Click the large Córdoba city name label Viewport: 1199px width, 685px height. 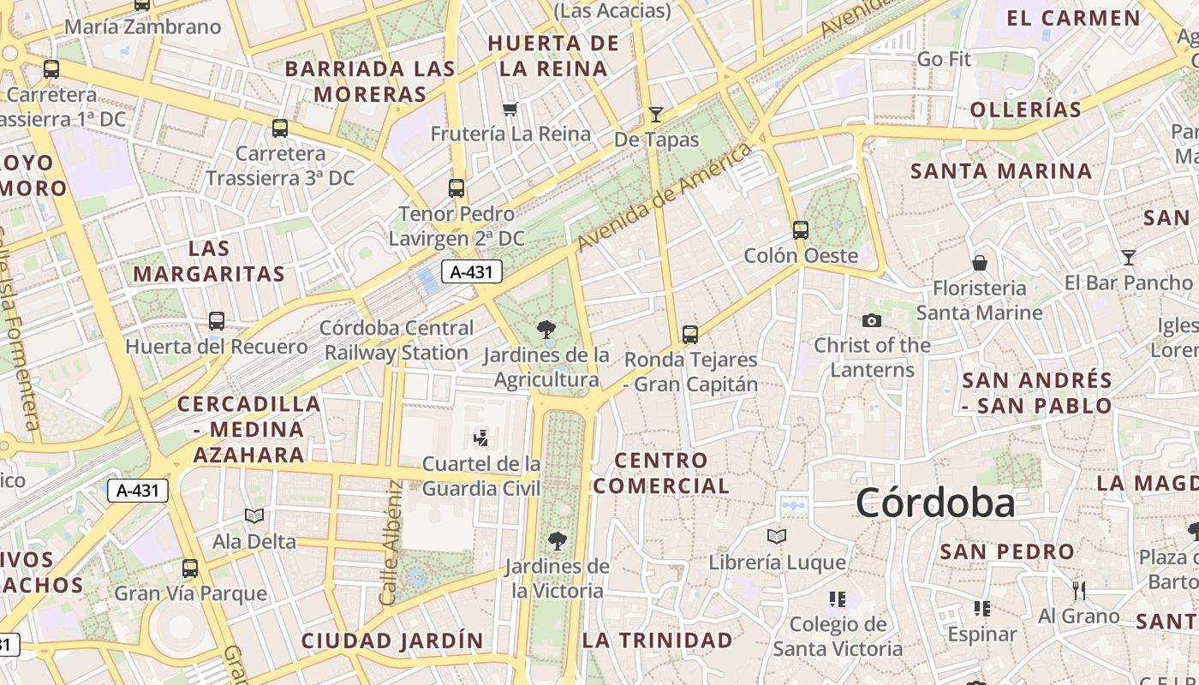click(935, 503)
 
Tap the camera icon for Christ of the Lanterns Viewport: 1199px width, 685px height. click(872, 320)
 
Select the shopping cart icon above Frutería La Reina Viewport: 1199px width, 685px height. click(510, 109)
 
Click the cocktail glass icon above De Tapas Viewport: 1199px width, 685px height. click(656, 114)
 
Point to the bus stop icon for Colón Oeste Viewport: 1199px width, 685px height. click(801, 229)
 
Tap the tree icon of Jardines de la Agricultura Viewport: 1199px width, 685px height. click(546, 329)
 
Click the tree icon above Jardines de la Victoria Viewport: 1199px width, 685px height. click(557, 540)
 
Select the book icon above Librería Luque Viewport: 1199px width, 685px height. click(777, 536)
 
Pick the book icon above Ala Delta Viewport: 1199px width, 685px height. click(254, 515)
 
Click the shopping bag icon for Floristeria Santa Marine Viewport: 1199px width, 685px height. click(979, 262)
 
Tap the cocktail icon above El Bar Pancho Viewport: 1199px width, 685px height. click(1129, 257)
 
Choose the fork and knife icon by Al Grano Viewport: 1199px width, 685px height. click(1079, 590)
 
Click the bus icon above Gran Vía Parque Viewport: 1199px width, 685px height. click(190, 568)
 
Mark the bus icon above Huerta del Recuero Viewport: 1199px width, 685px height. click(217, 321)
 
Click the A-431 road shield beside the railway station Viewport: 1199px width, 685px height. click(471, 272)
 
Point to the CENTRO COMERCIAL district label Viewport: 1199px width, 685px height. click(661, 473)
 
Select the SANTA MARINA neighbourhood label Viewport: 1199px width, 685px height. click(1000, 171)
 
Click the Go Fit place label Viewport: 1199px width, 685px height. click(944, 59)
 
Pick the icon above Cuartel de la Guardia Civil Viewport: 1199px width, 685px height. click(480, 438)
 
